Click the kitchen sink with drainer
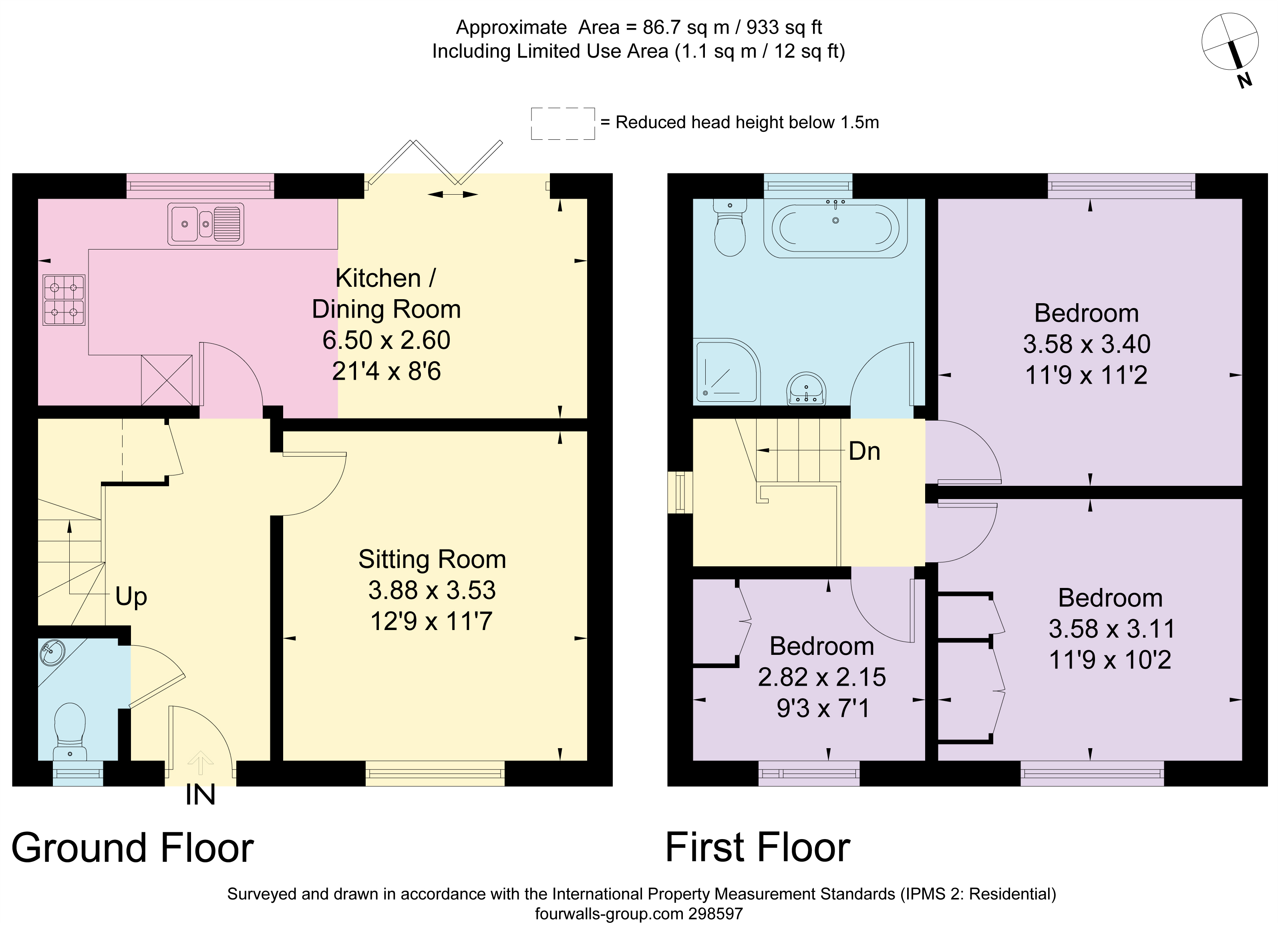[206, 223]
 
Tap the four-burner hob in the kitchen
[64, 300]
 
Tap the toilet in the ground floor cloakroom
[70, 730]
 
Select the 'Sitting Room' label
[432, 560]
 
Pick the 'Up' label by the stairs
[131, 596]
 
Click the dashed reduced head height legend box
[562, 123]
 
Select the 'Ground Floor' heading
[133, 848]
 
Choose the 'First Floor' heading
[757, 848]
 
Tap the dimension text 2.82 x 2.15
[821, 677]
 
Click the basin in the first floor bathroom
[806, 389]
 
